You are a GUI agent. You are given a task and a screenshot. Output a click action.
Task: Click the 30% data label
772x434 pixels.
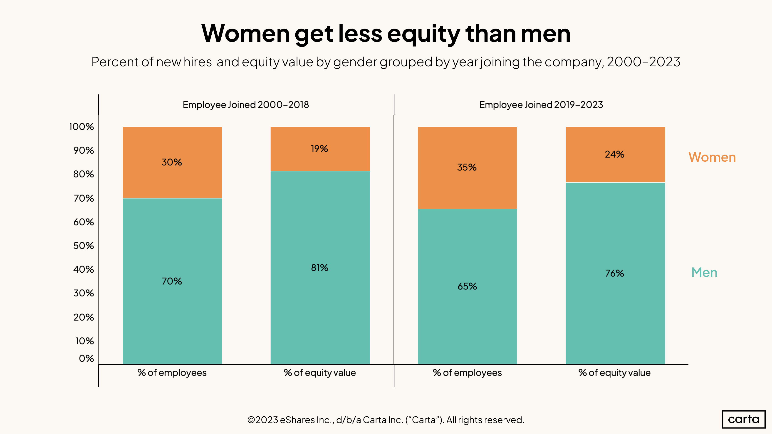(171, 162)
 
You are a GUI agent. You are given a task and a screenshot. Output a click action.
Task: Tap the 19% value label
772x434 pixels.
(319, 148)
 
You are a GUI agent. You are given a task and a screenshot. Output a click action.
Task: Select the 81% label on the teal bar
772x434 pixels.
(319, 267)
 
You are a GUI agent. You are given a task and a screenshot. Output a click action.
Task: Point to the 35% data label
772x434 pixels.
(467, 167)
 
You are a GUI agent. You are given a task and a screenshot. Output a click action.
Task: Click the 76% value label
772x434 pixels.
(614, 273)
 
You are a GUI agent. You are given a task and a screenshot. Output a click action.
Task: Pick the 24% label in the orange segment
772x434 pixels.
(614, 154)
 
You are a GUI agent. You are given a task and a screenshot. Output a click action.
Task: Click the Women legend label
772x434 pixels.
(712, 157)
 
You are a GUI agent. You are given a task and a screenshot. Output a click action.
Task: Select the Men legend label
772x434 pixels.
(704, 273)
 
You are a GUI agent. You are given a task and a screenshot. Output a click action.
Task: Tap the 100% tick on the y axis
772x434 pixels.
(82, 127)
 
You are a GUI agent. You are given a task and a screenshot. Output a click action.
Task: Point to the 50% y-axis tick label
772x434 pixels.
(84, 246)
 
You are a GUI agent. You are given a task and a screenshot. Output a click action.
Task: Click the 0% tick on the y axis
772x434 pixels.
(86, 358)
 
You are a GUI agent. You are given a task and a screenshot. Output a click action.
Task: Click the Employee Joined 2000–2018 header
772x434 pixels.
(246, 105)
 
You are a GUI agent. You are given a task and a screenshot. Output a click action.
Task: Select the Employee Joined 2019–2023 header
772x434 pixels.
(541, 105)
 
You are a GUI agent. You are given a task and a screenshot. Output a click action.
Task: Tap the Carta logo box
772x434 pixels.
(744, 419)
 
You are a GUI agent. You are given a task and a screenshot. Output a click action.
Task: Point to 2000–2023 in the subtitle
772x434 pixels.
(643, 62)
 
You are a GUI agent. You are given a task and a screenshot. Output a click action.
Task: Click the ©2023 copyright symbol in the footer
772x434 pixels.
(251, 420)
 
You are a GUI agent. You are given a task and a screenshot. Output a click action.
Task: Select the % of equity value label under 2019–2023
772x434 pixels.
(614, 372)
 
